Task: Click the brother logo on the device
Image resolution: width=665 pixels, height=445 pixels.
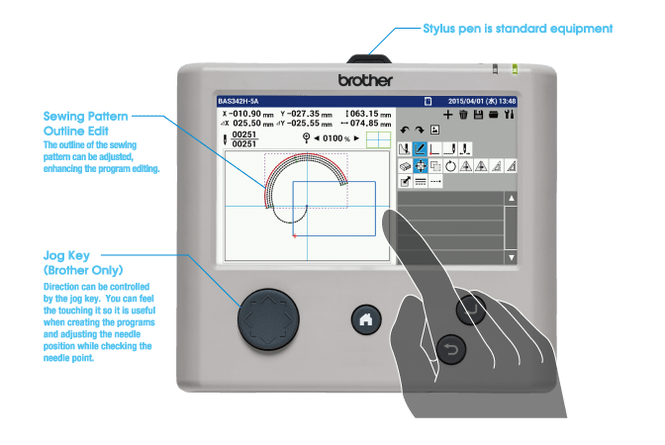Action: tap(365, 79)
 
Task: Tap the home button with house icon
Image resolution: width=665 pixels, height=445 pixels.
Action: tap(366, 319)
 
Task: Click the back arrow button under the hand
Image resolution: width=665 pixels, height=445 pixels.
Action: tap(451, 349)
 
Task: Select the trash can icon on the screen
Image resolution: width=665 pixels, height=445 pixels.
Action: tap(463, 116)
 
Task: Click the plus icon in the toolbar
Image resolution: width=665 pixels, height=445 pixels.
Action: tap(448, 116)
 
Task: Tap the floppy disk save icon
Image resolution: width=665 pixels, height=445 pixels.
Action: tap(478, 116)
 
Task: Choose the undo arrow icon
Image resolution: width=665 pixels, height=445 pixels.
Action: tap(404, 131)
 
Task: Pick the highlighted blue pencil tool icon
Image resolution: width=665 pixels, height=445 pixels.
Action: tap(420, 149)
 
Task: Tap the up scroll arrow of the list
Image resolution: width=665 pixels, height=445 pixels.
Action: tap(511, 199)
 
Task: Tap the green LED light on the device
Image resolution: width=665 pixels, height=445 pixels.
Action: tap(515, 70)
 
